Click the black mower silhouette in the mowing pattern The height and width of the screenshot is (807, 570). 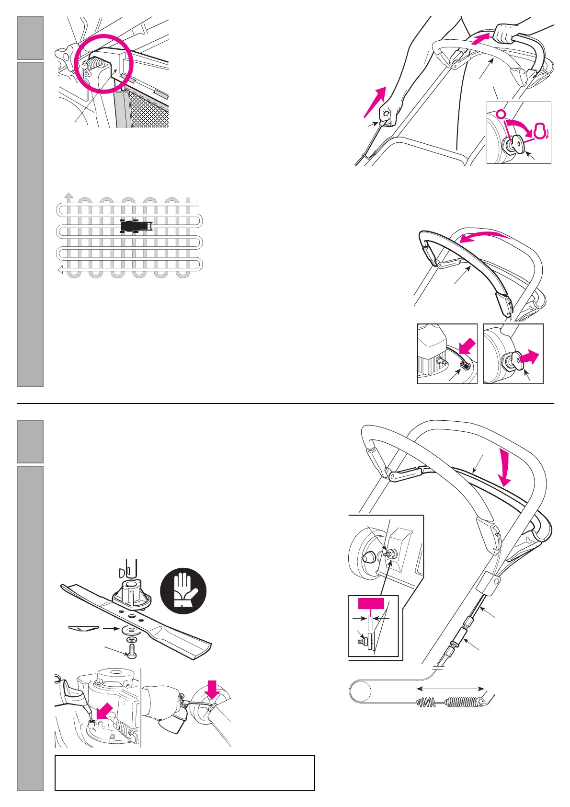tap(136, 226)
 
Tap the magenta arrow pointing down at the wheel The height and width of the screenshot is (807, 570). tap(212, 689)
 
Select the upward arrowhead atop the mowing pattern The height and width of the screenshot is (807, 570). tap(69, 196)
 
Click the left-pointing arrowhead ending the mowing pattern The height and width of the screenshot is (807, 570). tap(61, 271)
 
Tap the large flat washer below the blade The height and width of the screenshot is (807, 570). tap(130, 629)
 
